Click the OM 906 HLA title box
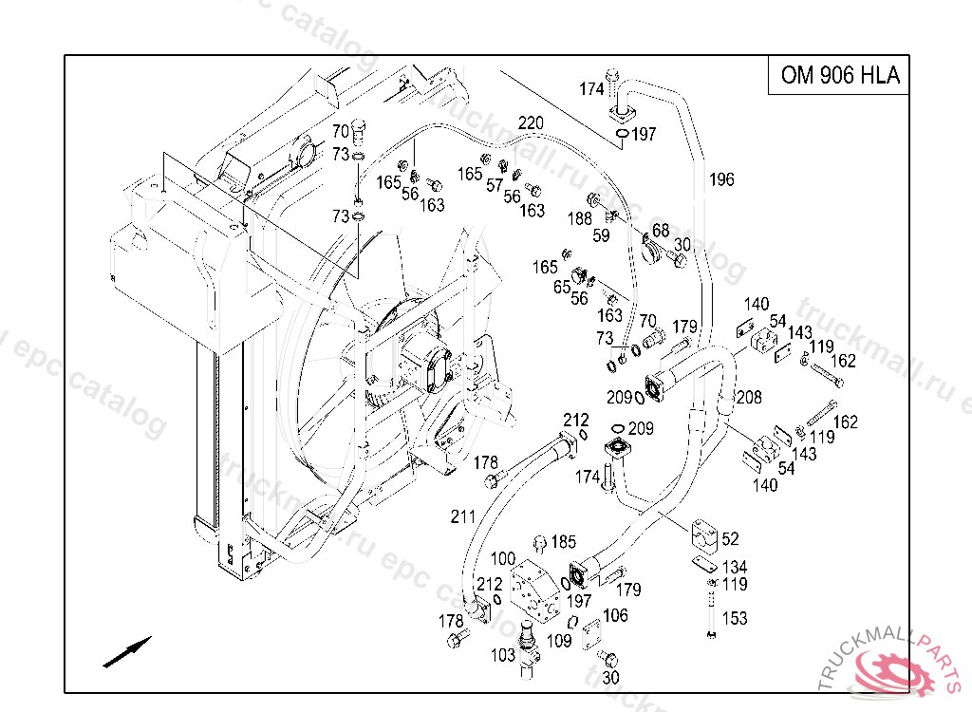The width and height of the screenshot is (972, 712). [x=839, y=76]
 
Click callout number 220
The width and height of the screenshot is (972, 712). [x=531, y=122]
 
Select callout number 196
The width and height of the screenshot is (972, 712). [x=721, y=179]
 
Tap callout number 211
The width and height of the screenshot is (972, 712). [x=462, y=517]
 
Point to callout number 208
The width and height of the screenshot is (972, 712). [x=749, y=397]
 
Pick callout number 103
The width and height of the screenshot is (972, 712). [x=503, y=655]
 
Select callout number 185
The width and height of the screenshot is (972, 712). [x=563, y=542]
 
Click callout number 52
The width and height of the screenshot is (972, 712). [x=730, y=539]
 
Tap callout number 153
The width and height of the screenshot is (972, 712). [x=735, y=618]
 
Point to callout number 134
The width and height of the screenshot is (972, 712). [x=735, y=568]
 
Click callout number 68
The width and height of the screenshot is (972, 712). [x=661, y=231]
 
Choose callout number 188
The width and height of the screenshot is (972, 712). [x=580, y=219]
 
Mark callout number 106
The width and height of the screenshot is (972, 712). [x=615, y=616]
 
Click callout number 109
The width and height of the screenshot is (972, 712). [x=559, y=641]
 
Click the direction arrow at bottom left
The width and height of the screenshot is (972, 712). [x=127, y=652]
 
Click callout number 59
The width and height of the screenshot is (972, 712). [x=601, y=235]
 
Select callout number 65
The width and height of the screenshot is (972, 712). [x=562, y=287]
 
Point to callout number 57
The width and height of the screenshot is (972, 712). [x=494, y=185]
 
